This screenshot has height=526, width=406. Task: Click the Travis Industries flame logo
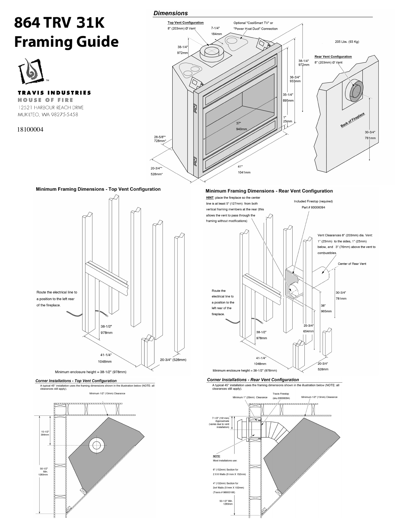pyautogui.click(x=31, y=70)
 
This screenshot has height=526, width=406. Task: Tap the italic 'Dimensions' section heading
pyautogui.click(x=170, y=13)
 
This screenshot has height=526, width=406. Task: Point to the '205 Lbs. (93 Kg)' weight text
pyautogui.click(x=347, y=42)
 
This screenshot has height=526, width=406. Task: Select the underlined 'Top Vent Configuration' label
pyautogui.click(x=185, y=23)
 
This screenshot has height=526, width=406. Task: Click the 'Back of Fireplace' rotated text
pyautogui.click(x=353, y=120)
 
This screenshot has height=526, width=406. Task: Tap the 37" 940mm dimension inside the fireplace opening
pyautogui.click(x=241, y=126)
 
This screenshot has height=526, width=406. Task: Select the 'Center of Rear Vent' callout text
pyautogui.click(x=352, y=264)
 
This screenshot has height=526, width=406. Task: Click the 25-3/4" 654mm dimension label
pyautogui.click(x=308, y=328)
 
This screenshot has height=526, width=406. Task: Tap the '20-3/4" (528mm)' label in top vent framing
pyautogui.click(x=173, y=360)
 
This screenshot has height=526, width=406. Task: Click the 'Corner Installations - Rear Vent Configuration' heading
pyautogui.click(x=253, y=380)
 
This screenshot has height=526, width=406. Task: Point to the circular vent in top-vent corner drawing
pyautogui.click(x=96, y=445)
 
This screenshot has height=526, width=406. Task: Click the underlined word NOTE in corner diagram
pyautogui.click(x=216, y=457)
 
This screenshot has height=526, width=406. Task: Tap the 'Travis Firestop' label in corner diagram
pyautogui.click(x=281, y=394)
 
